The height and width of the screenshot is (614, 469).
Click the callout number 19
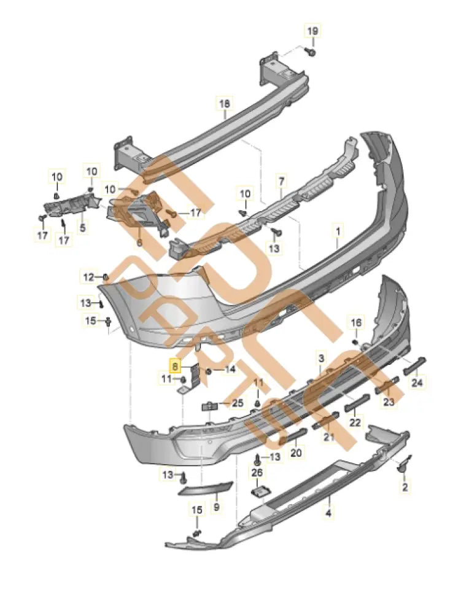click(312, 31)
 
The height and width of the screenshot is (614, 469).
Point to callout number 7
click(281, 182)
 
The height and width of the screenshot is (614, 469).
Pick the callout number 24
click(417, 384)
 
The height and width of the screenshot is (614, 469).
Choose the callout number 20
click(297, 453)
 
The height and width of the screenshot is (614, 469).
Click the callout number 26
click(257, 472)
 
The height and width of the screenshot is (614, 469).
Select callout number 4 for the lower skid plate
click(328, 513)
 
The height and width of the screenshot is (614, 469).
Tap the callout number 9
click(215, 507)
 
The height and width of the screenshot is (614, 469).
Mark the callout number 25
click(237, 403)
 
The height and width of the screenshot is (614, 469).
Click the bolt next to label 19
click(311, 53)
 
